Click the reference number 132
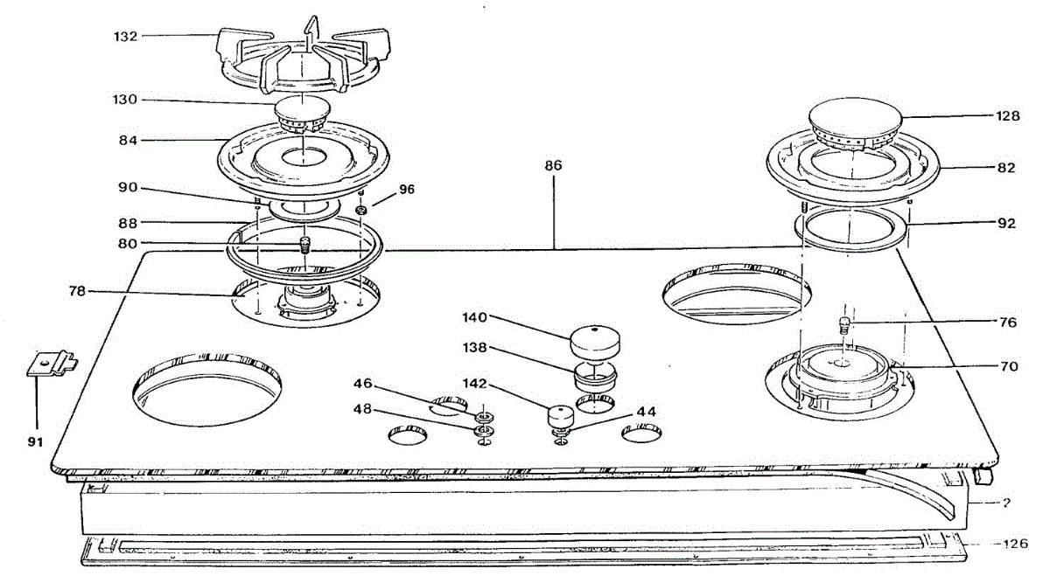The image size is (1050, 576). coord(126,37)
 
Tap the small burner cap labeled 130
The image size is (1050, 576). coord(301,113)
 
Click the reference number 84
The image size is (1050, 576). coord(126,140)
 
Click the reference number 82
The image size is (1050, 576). coord(1006,168)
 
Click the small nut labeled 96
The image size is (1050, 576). coord(360,212)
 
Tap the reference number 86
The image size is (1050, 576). coord(553,165)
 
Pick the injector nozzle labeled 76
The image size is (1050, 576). coord(844,325)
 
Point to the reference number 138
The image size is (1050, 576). coord(477,348)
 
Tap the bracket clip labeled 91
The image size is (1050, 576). coord(49,363)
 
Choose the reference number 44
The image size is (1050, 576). coord(646,410)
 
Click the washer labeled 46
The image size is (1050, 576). coord(483,413)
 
